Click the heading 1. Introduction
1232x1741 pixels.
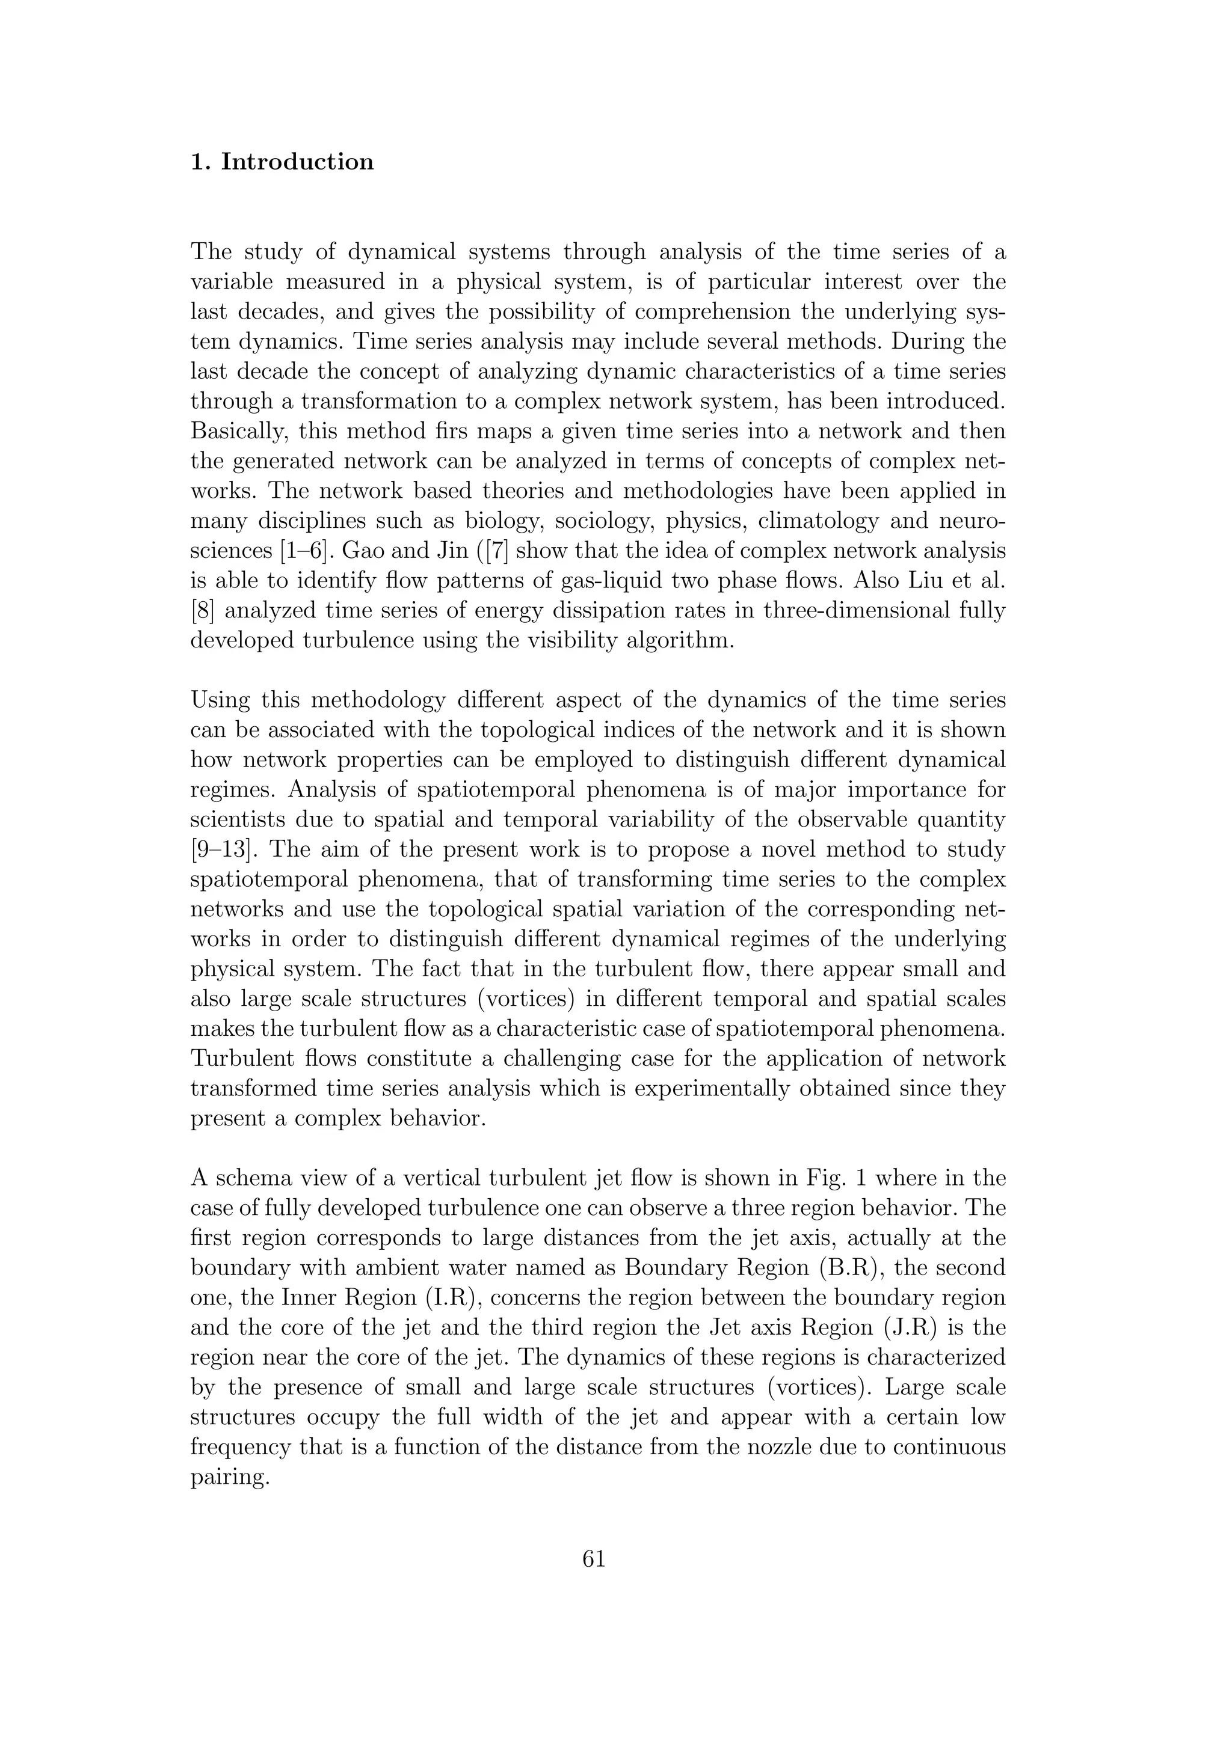282,162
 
